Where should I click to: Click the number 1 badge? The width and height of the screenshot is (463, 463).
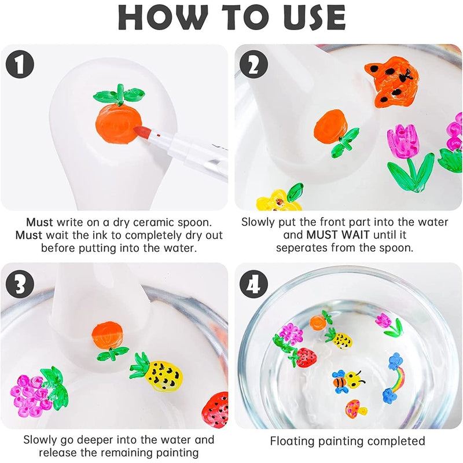(x=20, y=64)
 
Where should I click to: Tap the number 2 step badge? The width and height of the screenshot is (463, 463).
(x=253, y=64)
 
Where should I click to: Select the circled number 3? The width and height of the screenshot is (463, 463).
(x=20, y=284)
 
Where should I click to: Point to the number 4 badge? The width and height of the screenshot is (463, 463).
(x=253, y=284)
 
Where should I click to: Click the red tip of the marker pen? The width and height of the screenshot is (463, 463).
(x=142, y=133)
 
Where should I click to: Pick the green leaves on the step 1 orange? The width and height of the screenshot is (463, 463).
(x=119, y=94)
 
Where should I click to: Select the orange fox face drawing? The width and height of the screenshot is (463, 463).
(x=392, y=82)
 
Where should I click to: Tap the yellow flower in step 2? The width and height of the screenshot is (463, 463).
(x=278, y=201)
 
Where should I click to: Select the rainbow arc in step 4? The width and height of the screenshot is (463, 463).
(x=399, y=377)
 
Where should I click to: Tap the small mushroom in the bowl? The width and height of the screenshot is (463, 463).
(x=355, y=409)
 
